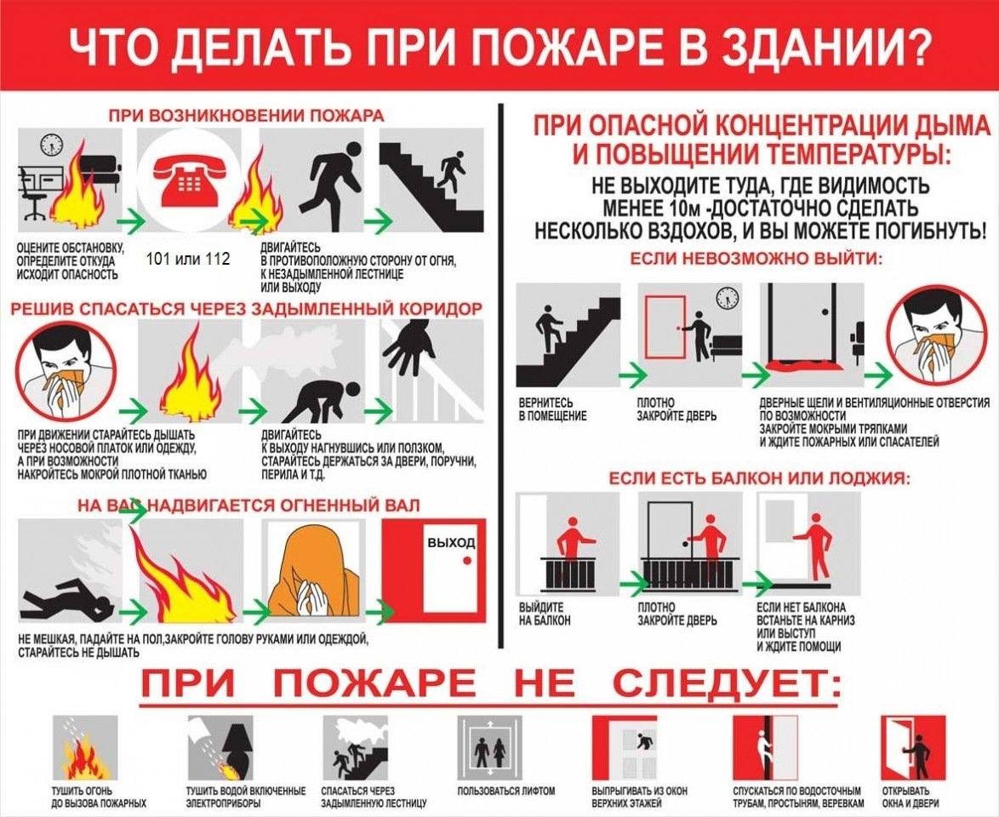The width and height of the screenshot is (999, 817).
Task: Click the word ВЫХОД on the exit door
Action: pos(451,543)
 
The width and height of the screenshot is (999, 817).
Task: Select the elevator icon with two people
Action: pos(489,750)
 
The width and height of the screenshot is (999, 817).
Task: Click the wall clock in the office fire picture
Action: pos(52,144)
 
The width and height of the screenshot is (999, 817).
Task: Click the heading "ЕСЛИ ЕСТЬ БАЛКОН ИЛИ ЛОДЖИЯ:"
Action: pos(759,478)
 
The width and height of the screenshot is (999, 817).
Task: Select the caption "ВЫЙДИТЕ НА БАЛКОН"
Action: pos(545,614)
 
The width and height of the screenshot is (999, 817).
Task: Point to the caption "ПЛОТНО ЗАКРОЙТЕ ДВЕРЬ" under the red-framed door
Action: pos(676,409)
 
